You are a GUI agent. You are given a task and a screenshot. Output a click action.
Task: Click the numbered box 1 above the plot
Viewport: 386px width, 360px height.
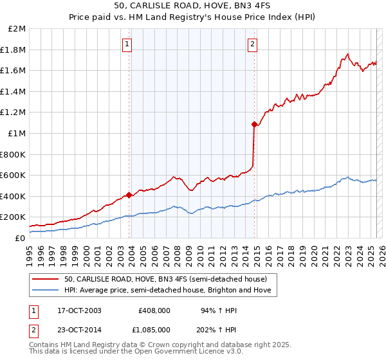point(127,44)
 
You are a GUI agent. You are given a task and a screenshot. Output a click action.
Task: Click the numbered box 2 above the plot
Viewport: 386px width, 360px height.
point(252,44)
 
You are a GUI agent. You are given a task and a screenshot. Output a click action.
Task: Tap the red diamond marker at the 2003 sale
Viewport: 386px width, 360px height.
point(129,195)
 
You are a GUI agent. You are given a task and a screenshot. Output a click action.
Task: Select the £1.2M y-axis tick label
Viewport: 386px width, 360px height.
point(14,113)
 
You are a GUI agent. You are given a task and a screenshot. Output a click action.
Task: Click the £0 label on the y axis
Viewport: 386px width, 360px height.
point(20,238)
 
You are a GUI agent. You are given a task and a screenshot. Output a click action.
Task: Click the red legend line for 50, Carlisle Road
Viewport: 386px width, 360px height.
point(46,279)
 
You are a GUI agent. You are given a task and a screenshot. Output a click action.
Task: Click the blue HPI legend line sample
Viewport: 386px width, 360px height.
point(46,291)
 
